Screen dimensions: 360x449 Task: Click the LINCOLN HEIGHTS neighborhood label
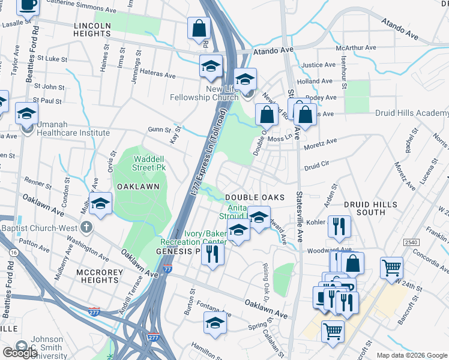pyautogui.click(x=92, y=30)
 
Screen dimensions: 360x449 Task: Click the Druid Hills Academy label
pyautogui.click(x=412, y=113)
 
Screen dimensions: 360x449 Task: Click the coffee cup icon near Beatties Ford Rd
pyautogui.click(x=27, y=5)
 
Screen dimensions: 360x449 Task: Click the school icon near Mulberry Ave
pyautogui.click(x=101, y=204)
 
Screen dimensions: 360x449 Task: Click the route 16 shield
pyautogui.click(x=14, y=254)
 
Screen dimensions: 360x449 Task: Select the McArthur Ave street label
pyautogui.click(x=355, y=47)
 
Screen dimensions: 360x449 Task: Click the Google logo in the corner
pyautogui.click(x=19, y=352)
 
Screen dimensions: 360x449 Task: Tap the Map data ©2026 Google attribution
pyautogui.click(x=411, y=355)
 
